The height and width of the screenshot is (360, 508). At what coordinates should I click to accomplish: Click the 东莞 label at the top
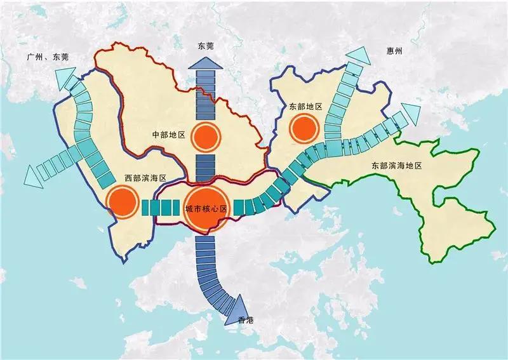(x=206, y=46)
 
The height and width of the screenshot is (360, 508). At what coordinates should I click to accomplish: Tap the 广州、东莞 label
(x=48, y=57)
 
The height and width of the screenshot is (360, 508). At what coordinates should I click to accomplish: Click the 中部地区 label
(x=168, y=136)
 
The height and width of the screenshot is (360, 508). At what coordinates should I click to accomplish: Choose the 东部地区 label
(x=305, y=106)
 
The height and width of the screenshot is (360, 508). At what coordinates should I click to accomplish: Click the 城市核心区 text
(x=206, y=208)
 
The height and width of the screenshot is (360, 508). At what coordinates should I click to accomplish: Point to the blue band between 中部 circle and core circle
(x=206, y=166)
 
